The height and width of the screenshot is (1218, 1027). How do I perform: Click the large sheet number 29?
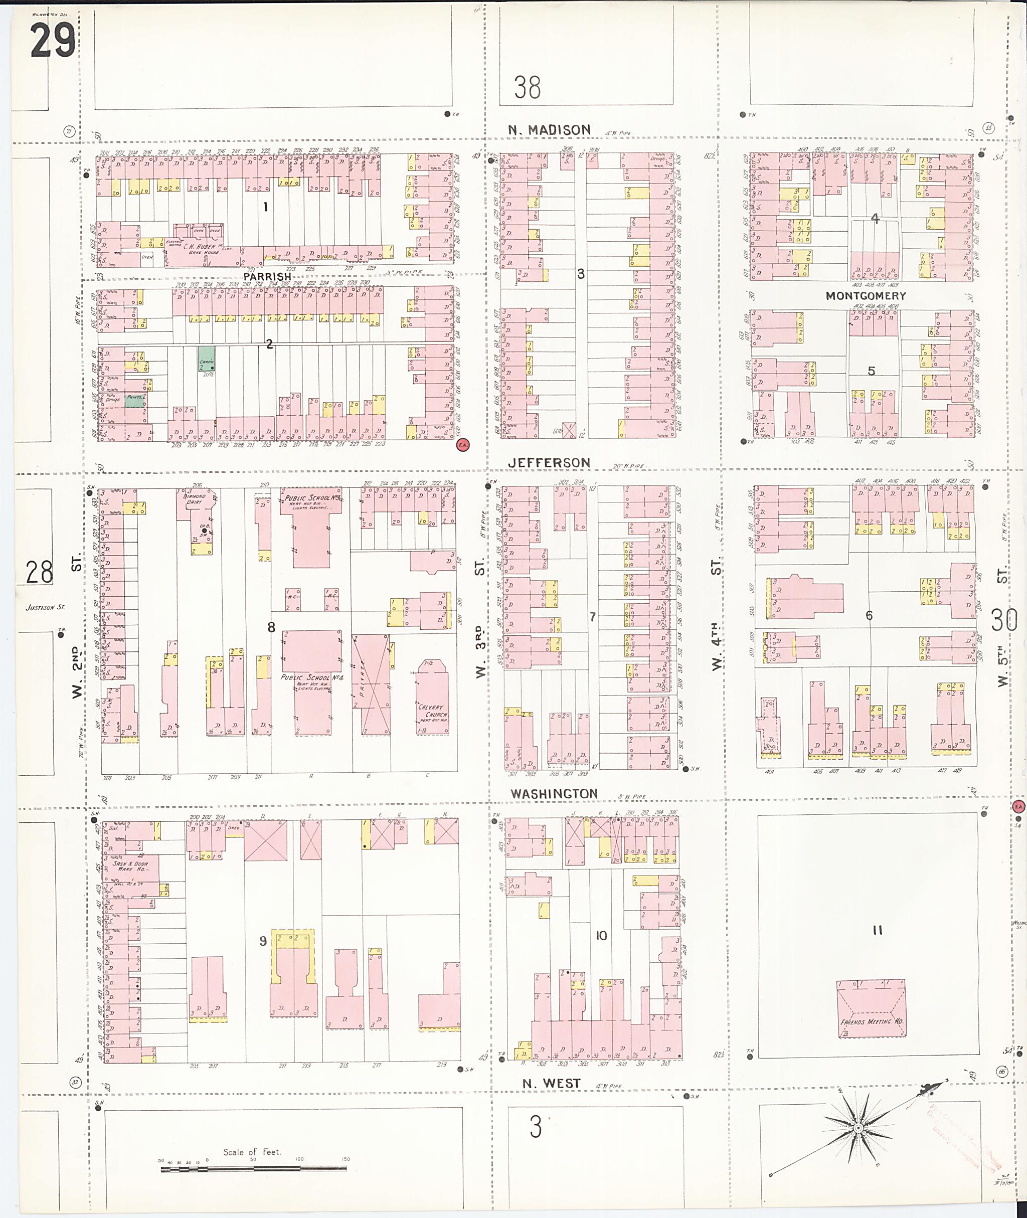pos(52,40)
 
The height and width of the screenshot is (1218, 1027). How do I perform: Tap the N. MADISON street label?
pos(549,130)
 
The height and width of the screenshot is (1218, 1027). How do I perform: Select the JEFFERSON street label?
pos(549,462)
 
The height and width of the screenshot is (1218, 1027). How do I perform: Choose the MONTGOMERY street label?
pos(866,296)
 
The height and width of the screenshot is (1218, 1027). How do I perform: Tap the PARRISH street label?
pos(267,277)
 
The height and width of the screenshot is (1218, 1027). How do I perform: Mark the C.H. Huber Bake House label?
pos(200,248)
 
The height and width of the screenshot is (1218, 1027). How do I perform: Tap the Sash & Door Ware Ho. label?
pos(130,866)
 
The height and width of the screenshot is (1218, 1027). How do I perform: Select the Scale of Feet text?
pos(252,1152)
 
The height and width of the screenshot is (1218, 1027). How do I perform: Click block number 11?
pos(878,930)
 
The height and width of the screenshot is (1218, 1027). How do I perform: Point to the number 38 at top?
pos(528,87)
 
